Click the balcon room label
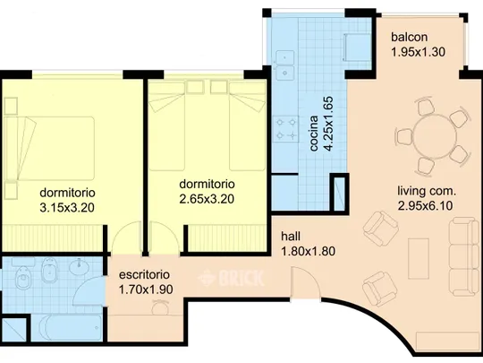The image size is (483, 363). (410, 37)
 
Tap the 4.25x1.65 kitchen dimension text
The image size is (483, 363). (329, 124)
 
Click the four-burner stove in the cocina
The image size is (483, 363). (286, 128)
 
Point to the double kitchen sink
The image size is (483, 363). (285, 65)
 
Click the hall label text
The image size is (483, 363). (291, 237)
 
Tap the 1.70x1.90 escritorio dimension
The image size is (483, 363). (146, 290)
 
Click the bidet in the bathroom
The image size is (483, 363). (49, 270)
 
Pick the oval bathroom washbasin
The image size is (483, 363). (80, 267)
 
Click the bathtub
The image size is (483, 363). (67, 327)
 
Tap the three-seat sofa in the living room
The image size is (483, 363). (464, 256)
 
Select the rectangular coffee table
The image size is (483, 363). (419, 259)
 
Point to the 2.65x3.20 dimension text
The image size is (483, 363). (207, 199)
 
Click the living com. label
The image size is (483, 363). (427, 191)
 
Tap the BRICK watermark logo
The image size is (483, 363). (231, 278)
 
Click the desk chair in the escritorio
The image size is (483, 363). (160, 307)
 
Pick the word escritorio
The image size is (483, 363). (144, 275)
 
